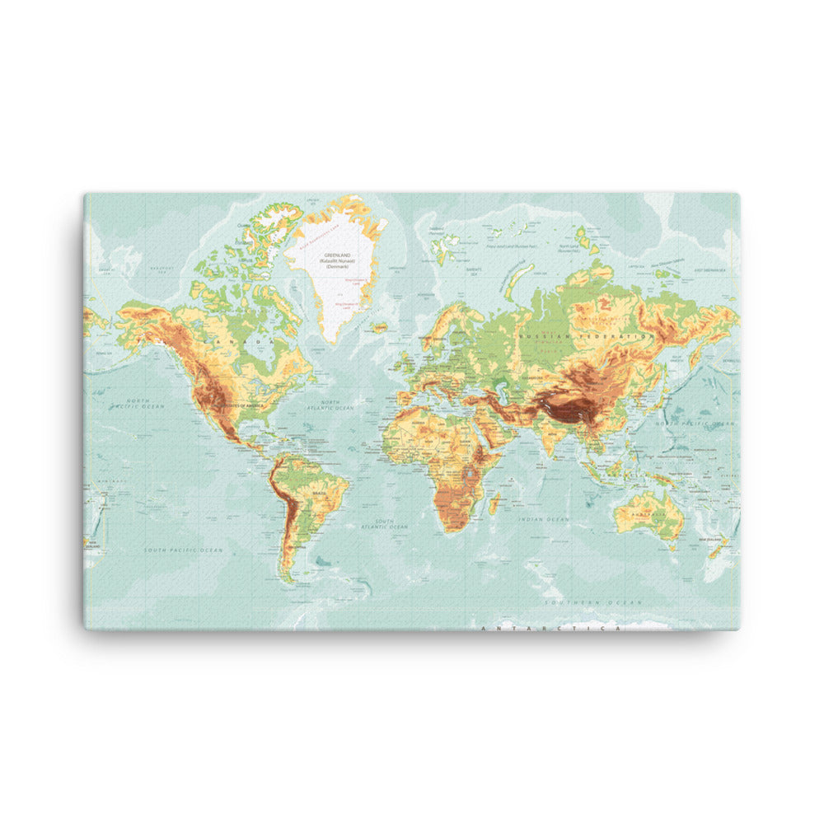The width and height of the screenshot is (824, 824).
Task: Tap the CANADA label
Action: [247, 340]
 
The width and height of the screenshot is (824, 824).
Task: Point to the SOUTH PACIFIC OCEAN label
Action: [183, 550]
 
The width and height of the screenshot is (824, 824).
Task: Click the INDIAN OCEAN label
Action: [543, 520]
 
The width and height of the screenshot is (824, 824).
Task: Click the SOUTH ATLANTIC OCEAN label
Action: [391, 525]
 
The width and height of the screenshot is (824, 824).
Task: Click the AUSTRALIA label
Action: [648, 512]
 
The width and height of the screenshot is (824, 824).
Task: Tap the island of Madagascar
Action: [495, 503]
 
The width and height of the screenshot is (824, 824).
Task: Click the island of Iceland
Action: [379, 327]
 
